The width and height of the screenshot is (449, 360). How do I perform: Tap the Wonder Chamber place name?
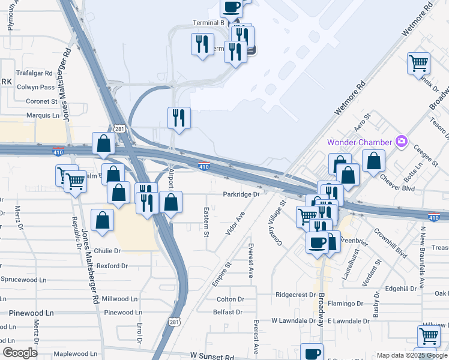click(360, 142)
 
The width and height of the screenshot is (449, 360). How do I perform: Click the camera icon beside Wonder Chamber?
click(402, 142)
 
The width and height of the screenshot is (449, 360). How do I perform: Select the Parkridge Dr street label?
click(241, 194)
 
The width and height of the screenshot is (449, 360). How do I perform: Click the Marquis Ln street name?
click(43, 115)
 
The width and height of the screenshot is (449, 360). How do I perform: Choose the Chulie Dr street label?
click(107, 251)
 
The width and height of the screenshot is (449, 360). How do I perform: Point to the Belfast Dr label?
click(228, 312)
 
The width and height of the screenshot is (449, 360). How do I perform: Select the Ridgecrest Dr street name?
click(295, 295)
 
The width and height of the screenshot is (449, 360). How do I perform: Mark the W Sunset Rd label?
click(212, 356)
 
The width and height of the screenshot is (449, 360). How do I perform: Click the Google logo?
click(20, 352)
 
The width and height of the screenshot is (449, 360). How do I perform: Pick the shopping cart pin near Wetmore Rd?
click(418, 62)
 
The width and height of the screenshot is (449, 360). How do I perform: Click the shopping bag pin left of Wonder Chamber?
click(373, 160)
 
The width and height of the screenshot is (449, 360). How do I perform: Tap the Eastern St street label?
click(206, 221)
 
